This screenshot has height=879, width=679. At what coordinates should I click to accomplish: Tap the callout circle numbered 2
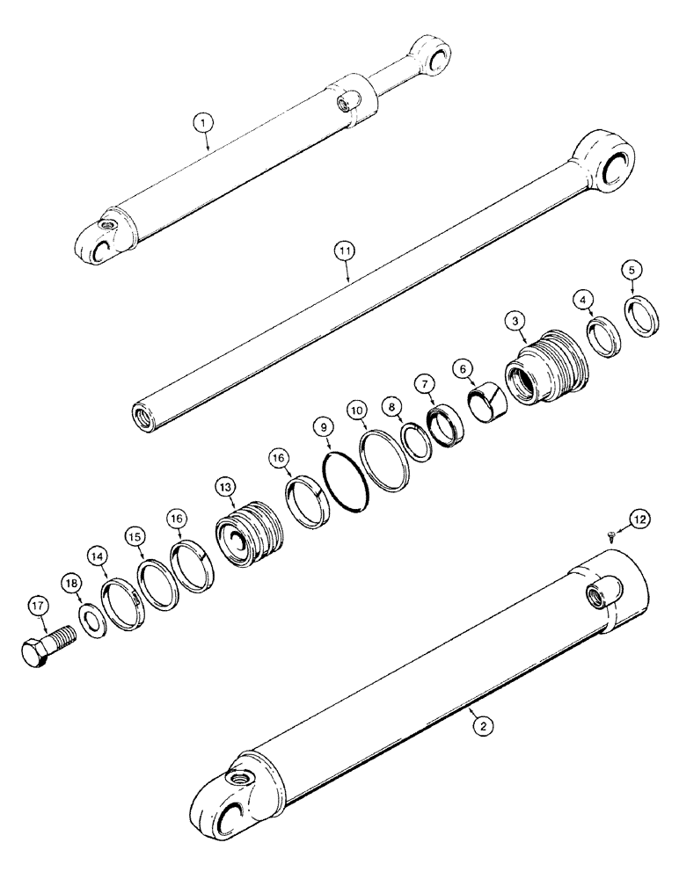[480, 726]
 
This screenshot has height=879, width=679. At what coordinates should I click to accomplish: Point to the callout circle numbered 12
[639, 520]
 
